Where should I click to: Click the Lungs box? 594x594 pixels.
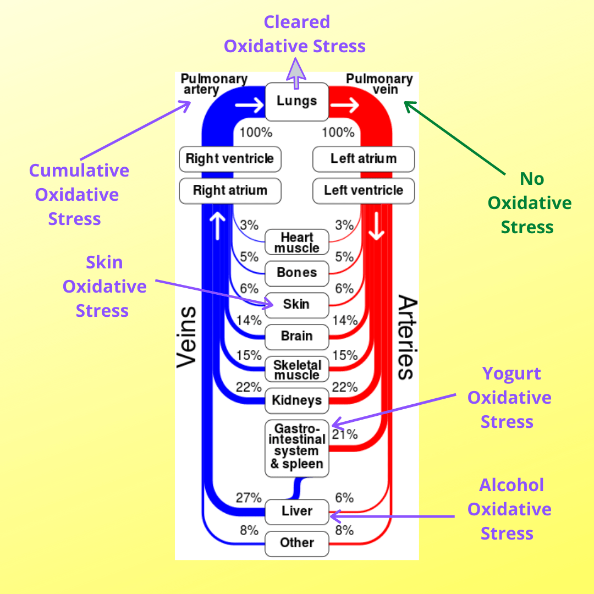tap(297, 102)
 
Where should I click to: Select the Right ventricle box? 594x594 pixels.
tap(230, 159)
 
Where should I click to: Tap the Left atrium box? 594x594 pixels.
tap(364, 159)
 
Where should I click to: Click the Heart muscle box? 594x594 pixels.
tap(297, 243)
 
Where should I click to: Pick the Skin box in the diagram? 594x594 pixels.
tap(297, 304)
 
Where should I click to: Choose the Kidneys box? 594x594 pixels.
tap(297, 400)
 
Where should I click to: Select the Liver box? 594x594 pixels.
tap(297, 512)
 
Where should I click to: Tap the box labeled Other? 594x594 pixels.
tap(297, 543)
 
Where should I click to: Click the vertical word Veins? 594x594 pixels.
tap(187, 337)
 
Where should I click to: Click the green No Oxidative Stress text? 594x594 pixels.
tap(529, 203)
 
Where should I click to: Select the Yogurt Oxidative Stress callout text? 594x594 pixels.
tap(509, 398)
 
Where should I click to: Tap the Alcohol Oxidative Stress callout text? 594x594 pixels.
tap(509, 509)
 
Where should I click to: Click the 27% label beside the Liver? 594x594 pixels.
tap(249, 498)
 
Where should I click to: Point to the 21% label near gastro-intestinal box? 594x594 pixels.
tap(345, 435)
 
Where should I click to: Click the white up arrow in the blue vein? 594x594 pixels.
tap(218, 226)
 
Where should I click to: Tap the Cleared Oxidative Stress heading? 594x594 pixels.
tap(295, 34)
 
